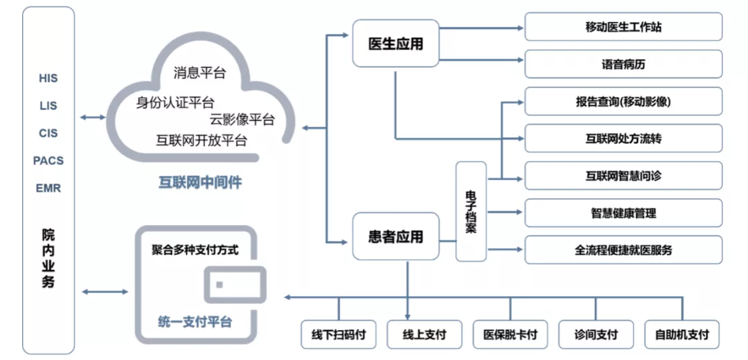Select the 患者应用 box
[x=395, y=237]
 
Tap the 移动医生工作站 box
[x=623, y=27]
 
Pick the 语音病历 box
[x=623, y=64]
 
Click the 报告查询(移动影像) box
[x=623, y=102]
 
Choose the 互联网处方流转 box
[x=623, y=138]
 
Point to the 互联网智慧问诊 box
[x=623, y=176]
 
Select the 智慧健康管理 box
[x=623, y=213]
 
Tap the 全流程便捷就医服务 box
[x=623, y=250]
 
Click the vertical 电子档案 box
[x=471, y=211]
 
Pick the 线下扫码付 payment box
[x=338, y=335]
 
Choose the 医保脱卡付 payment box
[x=510, y=335]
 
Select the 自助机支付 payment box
[x=682, y=335]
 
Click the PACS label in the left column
[x=48, y=161]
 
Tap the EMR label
[x=48, y=188]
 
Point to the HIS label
[x=48, y=79]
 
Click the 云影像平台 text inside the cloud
[x=242, y=119]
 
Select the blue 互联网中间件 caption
[x=200, y=183]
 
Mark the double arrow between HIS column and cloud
[x=93, y=118]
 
